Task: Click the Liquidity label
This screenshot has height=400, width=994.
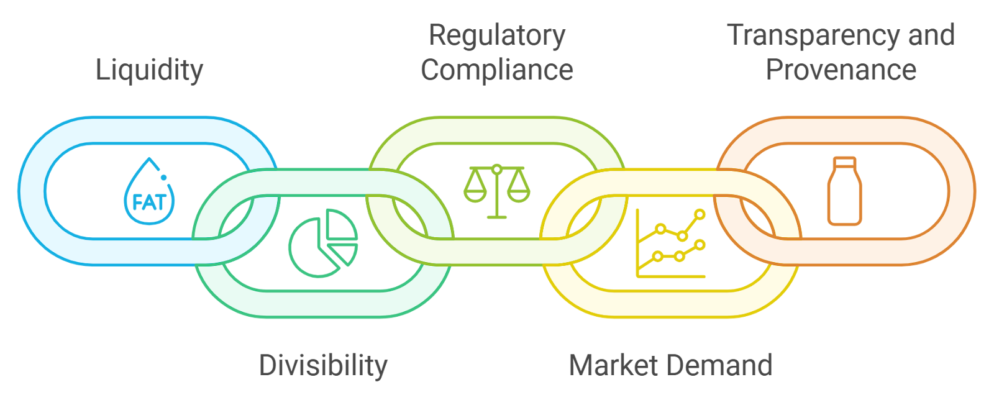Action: pos(149,70)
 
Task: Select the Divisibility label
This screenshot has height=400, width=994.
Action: pos(323,365)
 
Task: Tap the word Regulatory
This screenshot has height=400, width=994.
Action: pos(497,35)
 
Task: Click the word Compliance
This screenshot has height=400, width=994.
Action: pos(497,70)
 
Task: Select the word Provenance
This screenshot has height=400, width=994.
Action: pos(841,70)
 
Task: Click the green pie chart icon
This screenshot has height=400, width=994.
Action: pos(323,242)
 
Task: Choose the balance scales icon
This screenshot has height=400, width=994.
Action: pos(497,191)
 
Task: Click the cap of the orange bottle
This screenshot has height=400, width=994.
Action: pos(844,162)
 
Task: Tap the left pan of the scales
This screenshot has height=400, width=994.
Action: pos(475,191)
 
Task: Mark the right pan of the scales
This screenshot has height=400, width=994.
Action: pos(518,191)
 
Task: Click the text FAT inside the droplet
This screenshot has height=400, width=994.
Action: pos(149,202)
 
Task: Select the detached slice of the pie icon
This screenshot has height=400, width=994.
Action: pos(344,253)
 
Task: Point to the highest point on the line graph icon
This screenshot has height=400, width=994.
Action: pos(700,215)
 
